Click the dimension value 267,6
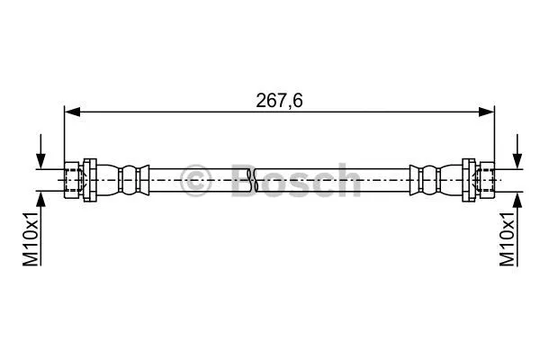[277, 100]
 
